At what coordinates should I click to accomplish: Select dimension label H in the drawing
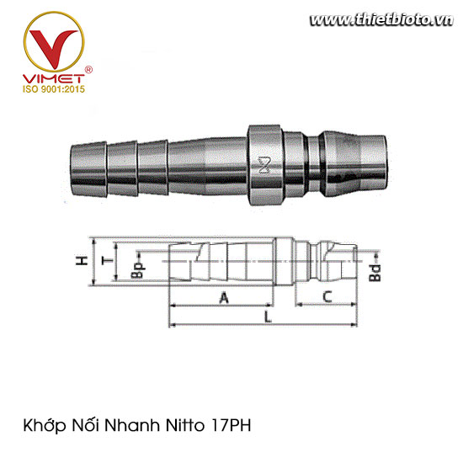[x=82, y=262]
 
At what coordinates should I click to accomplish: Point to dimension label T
[x=105, y=263]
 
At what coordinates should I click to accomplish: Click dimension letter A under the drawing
[x=223, y=297]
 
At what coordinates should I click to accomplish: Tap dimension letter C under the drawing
[x=327, y=296]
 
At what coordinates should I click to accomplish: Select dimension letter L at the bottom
[x=267, y=317]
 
